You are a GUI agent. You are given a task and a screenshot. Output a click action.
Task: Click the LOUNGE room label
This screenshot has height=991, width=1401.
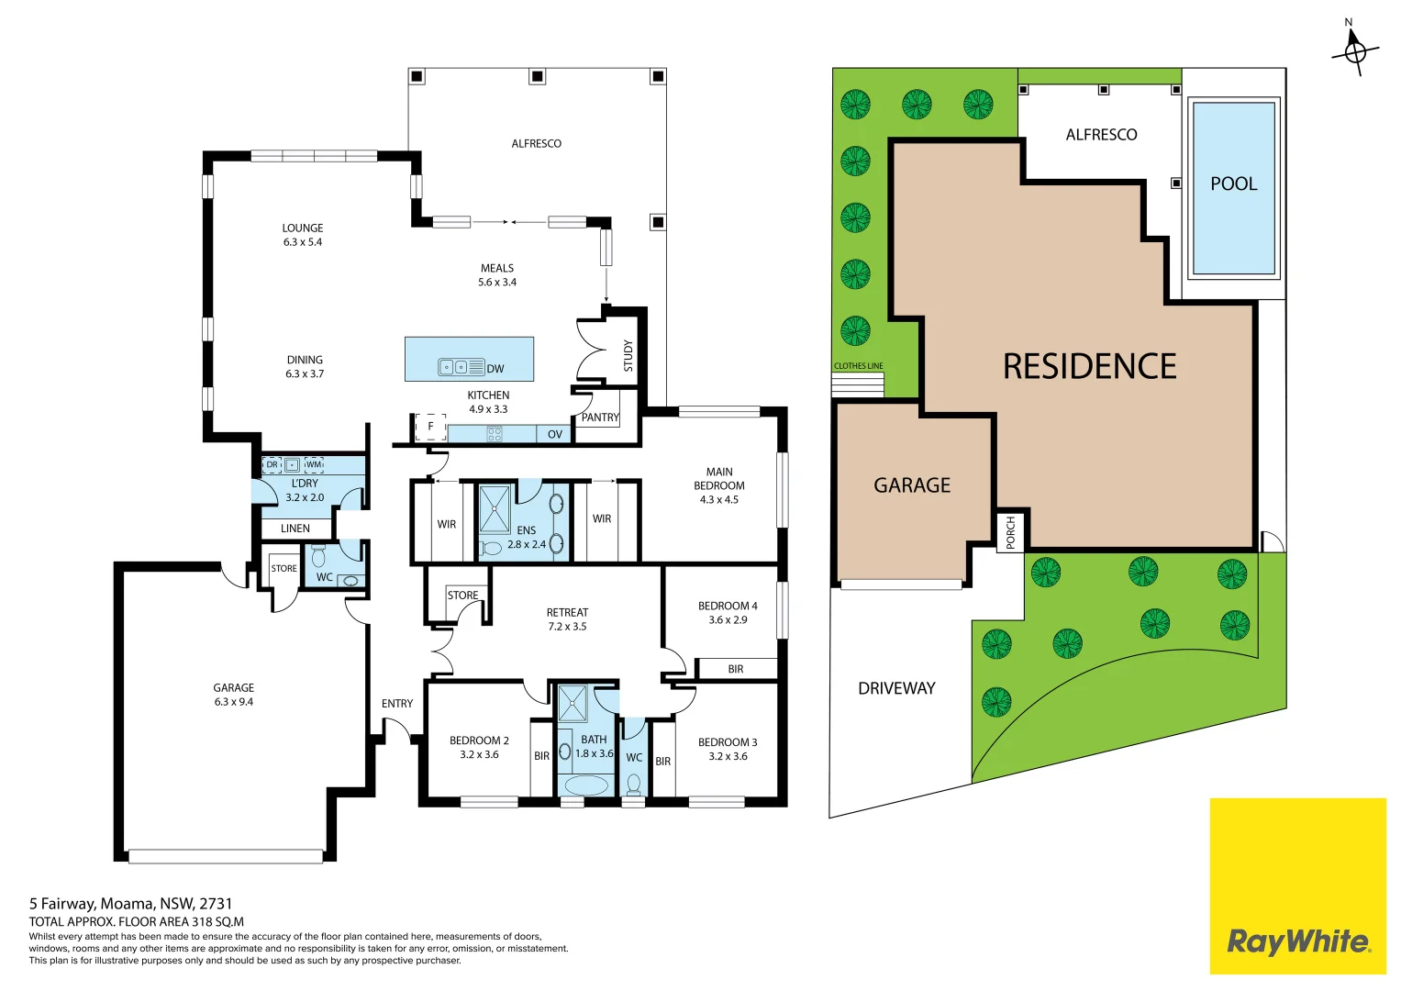(x=303, y=228)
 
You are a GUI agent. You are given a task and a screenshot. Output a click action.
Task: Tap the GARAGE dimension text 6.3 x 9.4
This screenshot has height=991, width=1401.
(x=234, y=702)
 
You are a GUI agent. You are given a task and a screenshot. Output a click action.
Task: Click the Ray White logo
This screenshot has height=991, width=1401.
(x=1297, y=941)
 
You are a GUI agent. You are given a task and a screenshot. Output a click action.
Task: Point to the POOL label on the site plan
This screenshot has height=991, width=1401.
(x=1233, y=184)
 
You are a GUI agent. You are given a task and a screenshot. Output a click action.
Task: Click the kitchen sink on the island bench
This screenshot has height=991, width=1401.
(x=461, y=368)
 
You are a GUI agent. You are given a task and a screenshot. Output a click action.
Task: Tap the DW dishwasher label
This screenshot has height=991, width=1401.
(x=495, y=369)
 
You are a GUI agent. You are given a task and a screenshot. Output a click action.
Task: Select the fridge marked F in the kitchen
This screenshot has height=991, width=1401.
(x=430, y=427)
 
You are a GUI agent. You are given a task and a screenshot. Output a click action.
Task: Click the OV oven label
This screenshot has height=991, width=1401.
(x=555, y=434)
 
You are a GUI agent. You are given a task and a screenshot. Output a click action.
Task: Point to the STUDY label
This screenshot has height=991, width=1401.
(x=628, y=356)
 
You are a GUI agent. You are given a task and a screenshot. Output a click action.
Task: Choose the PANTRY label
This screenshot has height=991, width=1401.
(x=600, y=418)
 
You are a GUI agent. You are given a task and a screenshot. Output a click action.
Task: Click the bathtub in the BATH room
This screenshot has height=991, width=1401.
(x=585, y=785)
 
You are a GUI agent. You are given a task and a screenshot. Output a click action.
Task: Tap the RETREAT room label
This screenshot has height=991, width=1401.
(x=567, y=612)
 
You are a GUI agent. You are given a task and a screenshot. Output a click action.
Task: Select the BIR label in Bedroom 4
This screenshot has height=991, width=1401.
(x=736, y=669)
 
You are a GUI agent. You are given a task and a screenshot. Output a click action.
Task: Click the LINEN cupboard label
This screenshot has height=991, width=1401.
(x=295, y=529)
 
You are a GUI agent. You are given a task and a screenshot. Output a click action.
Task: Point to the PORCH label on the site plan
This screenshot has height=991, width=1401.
(x=1010, y=532)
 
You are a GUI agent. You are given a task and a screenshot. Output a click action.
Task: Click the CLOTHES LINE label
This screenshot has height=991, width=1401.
(x=858, y=366)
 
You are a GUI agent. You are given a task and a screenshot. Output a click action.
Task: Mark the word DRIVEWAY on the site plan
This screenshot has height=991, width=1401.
(x=896, y=688)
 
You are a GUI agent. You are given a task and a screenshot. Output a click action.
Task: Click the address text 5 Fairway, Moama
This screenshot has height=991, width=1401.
(x=130, y=904)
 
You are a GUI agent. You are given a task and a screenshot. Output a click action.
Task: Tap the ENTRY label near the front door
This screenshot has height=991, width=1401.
(x=397, y=704)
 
